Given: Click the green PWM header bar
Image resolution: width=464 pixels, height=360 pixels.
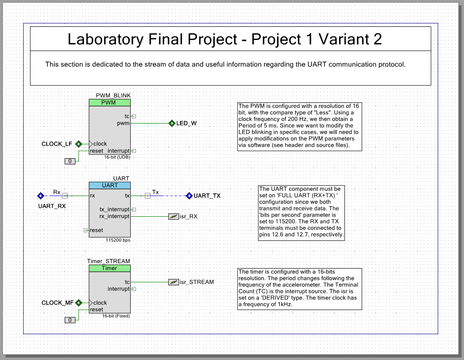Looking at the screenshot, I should click(x=110, y=102).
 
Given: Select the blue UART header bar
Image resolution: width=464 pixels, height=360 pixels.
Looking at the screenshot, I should click(x=110, y=185).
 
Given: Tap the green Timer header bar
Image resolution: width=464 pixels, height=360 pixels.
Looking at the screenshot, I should click(x=110, y=268).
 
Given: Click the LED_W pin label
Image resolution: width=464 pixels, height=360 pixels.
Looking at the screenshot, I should click(x=186, y=123).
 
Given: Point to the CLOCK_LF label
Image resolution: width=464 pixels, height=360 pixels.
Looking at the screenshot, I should click(x=57, y=144).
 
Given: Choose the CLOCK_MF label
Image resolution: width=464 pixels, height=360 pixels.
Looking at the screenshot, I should click(x=57, y=303).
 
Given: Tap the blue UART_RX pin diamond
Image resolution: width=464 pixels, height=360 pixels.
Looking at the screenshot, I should click(x=40, y=196).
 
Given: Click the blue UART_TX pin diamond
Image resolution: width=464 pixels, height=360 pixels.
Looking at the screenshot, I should click(x=189, y=196).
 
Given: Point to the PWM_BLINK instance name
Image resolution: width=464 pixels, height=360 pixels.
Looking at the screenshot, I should click(x=113, y=95).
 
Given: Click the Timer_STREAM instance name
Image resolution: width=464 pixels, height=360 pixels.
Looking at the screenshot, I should click(x=109, y=261).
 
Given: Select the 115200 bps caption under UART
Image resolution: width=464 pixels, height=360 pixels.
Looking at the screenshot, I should click(x=118, y=240).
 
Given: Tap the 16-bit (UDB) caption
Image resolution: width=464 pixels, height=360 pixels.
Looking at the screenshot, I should click(x=117, y=157).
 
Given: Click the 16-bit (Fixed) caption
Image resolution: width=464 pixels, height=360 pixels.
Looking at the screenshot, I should click(x=116, y=316).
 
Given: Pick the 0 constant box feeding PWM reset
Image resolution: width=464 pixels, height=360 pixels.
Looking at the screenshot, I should click(x=70, y=161).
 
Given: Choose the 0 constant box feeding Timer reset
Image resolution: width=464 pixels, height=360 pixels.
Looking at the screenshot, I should click(x=70, y=320).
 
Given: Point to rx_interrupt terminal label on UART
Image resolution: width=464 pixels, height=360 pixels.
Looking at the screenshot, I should click(x=114, y=216).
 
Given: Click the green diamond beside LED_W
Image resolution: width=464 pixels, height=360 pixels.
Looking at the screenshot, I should click(x=172, y=123).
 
